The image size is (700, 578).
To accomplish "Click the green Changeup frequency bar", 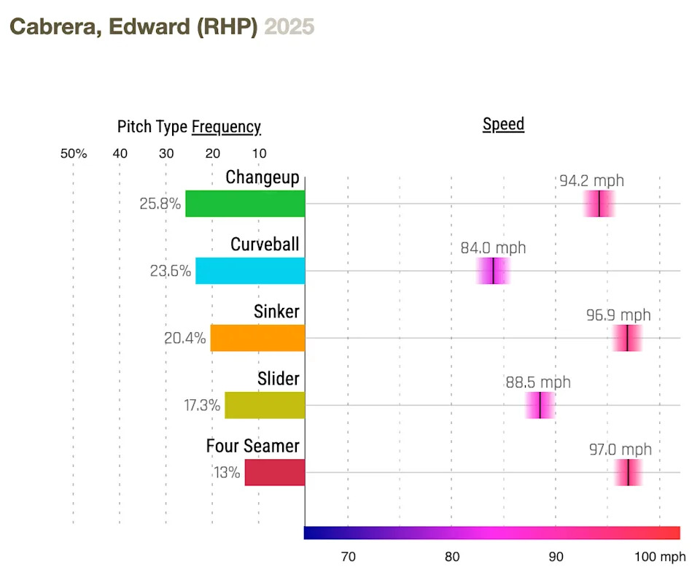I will coord(245,204).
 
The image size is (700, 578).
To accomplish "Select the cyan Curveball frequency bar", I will coord(250,271).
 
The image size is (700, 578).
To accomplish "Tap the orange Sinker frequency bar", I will coord(257,338).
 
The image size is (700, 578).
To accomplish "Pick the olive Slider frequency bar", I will coord(265,405).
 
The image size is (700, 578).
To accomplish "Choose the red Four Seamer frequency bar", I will coord(275,472).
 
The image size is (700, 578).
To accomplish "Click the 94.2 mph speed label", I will coord(591,181).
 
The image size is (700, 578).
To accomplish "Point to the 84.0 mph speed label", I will coord(493,248).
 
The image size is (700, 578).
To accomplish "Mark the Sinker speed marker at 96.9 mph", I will coord(627,338).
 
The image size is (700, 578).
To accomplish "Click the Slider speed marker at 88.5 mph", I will coord(540,405).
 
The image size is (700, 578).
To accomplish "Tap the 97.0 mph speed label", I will coord(620,450).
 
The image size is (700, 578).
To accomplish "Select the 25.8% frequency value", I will coord(160,204).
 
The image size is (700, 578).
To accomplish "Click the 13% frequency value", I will coord(226,472).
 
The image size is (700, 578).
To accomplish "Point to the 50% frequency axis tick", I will coord(74,153).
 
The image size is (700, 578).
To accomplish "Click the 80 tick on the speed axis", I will coord(452,557).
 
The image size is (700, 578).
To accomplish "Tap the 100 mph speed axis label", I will coord(659,557).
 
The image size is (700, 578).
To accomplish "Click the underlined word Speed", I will coord(503,124).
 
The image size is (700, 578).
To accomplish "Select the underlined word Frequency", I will coord(226,127).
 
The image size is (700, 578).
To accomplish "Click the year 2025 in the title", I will coord(289,27).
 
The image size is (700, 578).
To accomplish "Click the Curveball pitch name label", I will coord(265,244).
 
